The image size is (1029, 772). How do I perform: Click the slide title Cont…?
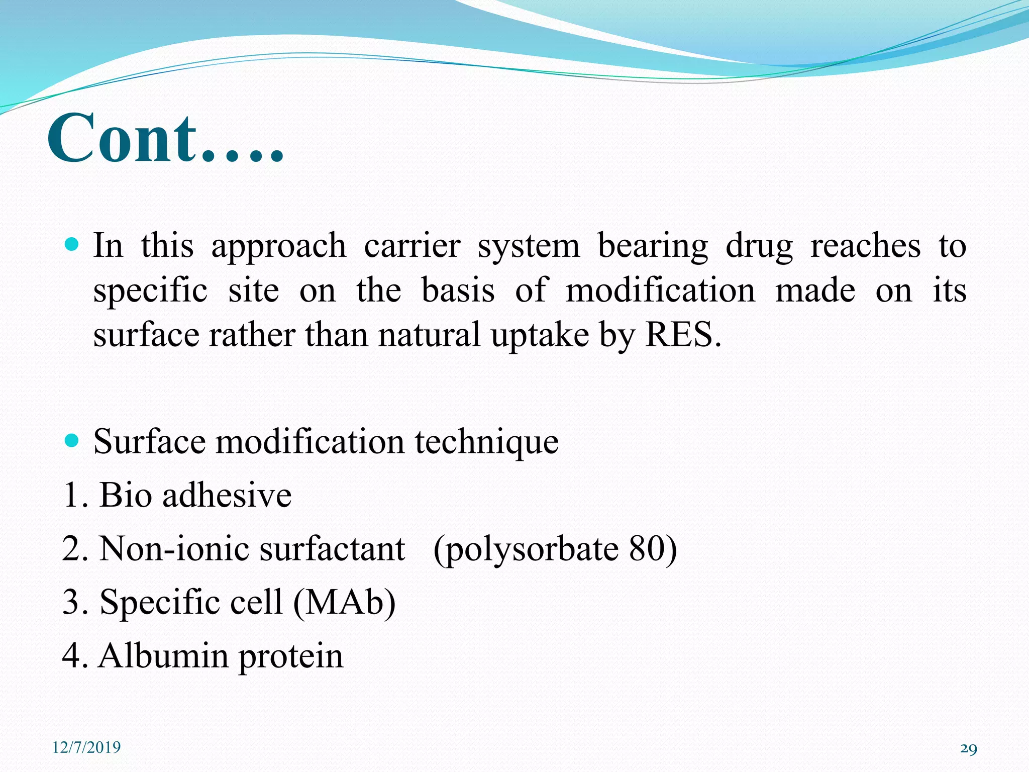click(x=166, y=138)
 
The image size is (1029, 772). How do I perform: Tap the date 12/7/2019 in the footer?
click(x=86, y=747)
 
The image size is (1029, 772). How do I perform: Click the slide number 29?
click(x=968, y=749)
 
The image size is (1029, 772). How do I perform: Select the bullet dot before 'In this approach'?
click(x=72, y=245)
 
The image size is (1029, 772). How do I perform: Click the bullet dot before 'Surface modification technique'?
click(x=72, y=441)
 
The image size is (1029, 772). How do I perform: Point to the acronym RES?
click(x=682, y=335)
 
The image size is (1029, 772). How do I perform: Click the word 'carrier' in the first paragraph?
click(x=412, y=246)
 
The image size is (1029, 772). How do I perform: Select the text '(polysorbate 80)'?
click(x=555, y=549)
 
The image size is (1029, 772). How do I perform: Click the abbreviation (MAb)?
click(x=344, y=602)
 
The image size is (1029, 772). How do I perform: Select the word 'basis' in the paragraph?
click(x=458, y=290)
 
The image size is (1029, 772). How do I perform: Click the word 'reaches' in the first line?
click(x=865, y=246)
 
